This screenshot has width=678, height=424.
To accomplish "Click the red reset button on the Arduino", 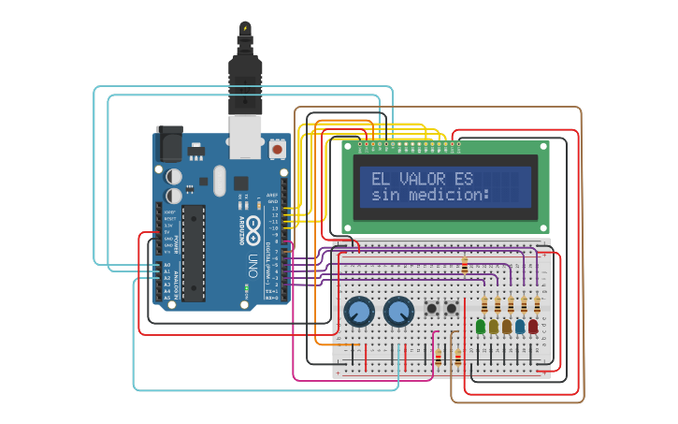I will tap(278, 149).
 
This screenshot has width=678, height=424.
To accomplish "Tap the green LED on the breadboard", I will tap(481, 327).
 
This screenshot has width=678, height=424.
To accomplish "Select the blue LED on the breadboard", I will tap(520, 327).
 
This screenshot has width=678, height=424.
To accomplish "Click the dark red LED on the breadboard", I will tap(533, 327).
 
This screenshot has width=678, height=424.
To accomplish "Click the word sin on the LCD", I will tap(384, 196).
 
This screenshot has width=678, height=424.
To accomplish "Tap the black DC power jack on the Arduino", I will tap(169, 143).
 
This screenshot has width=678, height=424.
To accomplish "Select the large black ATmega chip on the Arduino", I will tap(194, 253).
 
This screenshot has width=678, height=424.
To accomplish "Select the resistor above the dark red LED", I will tap(537, 305).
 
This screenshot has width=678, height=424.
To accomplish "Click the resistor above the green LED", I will tap(484, 305).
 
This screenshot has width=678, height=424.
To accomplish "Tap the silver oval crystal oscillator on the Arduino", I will tap(220, 181).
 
